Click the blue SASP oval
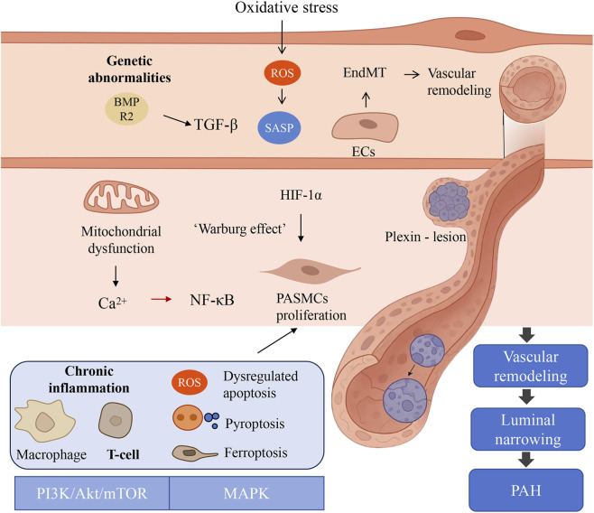[279, 127]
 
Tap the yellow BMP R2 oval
[126, 108]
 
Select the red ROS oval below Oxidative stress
[283, 73]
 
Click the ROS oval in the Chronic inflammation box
[189, 382]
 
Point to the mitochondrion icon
[121, 196]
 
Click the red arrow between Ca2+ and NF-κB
[162, 299]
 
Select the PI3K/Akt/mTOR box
[92, 493]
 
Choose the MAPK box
[246, 493]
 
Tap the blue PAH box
[525, 490]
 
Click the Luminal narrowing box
[528, 429]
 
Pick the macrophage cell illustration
[45, 421]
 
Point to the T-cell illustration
[116, 420]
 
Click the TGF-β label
[216, 125]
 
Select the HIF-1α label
[301, 195]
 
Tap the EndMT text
[365, 72]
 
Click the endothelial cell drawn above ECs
[365, 127]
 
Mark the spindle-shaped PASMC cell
[311, 271]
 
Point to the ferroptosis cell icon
[195, 453]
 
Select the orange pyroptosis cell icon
[188, 417]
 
